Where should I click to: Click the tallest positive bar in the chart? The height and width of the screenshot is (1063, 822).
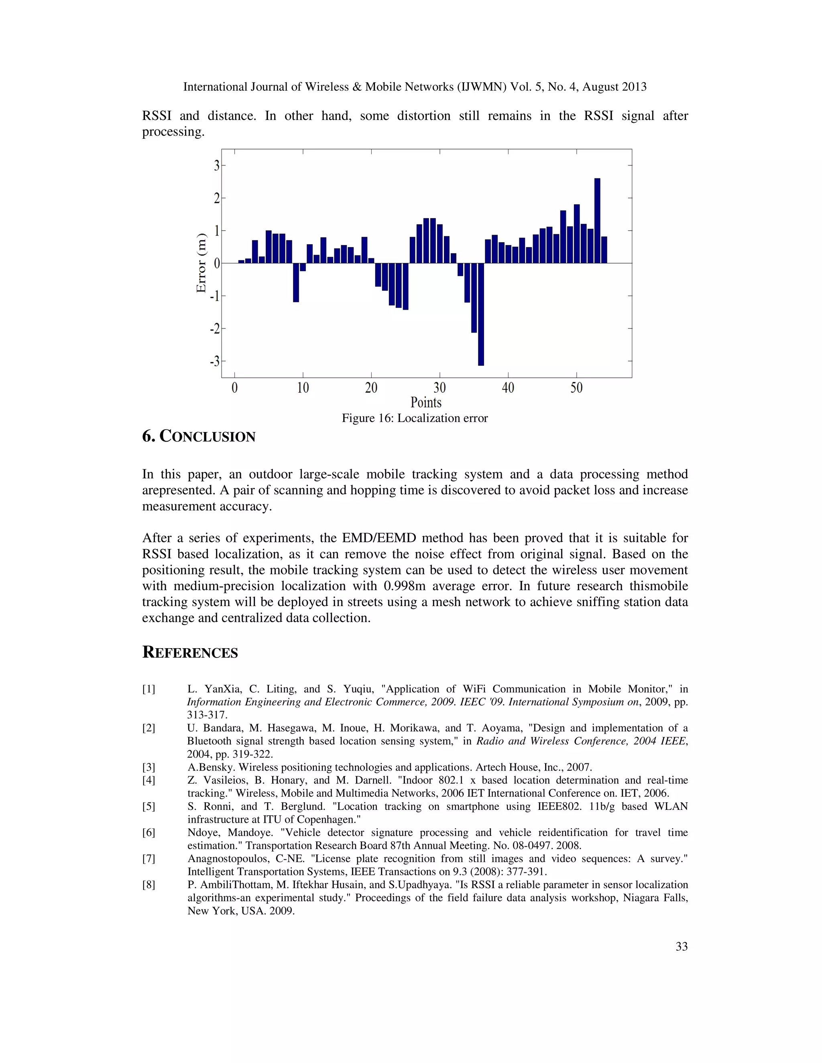[x=597, y=221]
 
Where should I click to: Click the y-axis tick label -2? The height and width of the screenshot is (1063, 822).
[x=215, y=329]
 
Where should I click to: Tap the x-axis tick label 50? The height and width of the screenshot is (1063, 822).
[x=576, y=388]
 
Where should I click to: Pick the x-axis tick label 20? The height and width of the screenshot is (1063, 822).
[x=371, y=388]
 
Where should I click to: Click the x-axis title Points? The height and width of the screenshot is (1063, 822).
[x=425, y=402]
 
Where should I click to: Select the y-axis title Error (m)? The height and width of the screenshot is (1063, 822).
[x=201, y=263]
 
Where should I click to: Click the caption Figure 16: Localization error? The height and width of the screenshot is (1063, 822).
[x=414, y=418]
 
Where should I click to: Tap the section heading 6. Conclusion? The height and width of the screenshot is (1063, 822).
[x=199, y=436]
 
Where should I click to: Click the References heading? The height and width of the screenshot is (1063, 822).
[x=190, y=652]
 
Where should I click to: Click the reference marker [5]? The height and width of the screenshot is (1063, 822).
[x=149, y=807]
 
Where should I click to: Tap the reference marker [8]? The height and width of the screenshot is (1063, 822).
[x=149, y=885]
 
